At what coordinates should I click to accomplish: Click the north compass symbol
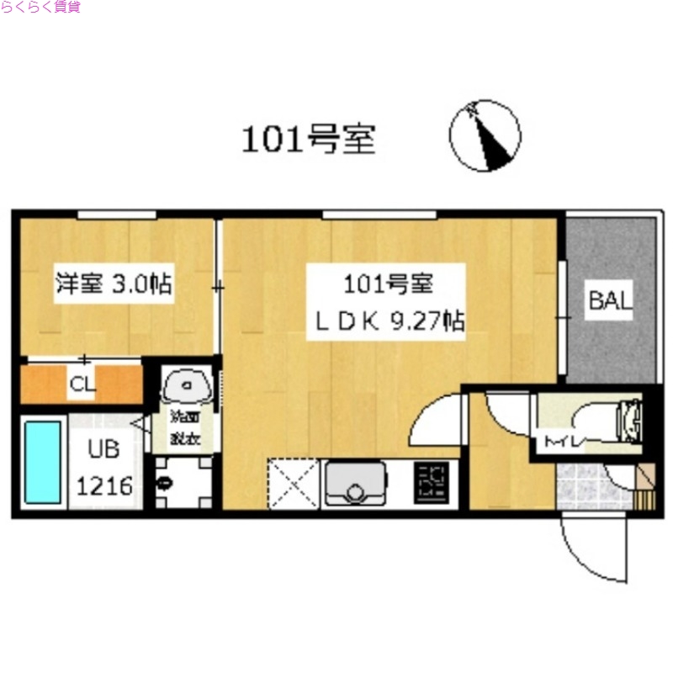(x=485, y=135)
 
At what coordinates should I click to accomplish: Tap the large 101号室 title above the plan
(x=308, y=140)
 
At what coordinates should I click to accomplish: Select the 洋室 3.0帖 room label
(x=113, y=284)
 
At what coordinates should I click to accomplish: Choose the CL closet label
(x=82, y=385)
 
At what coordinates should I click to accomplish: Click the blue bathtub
(x=42, y=462)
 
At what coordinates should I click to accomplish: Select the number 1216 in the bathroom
(x=104, y=486)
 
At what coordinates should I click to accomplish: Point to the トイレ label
(x=559, y=437)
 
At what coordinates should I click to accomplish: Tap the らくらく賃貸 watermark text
(x=41, y=8)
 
